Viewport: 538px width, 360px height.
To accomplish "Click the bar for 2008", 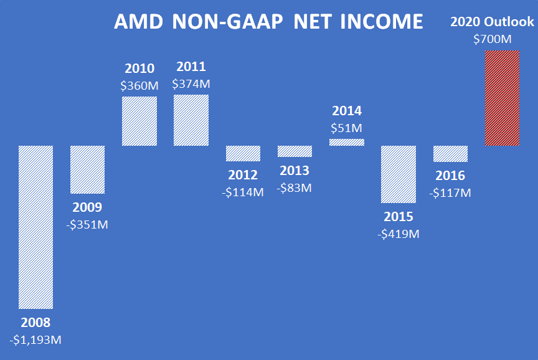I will tap(35, 227).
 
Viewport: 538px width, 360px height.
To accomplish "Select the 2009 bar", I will tap(87, 169).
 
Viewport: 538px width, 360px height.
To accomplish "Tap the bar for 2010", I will tap(139, 121).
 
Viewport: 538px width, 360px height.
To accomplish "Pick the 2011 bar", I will tap(191, 120).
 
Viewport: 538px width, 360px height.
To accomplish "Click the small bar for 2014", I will tap(346, 142).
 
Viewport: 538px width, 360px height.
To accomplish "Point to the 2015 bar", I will tap(398, 174).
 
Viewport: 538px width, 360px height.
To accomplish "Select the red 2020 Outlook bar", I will tap(502, 98).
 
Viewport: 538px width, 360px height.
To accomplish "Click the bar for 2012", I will tap(243, 153).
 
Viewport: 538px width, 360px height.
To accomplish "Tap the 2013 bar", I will tap(295, 151).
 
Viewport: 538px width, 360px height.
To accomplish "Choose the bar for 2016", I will tap(450, 154).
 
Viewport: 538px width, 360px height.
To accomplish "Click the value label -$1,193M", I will tap(35, 340).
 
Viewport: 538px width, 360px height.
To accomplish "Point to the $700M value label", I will tap(492, 39).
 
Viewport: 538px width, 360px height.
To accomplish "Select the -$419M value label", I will tap(399, 234).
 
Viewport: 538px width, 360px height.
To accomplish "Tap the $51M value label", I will tap(346, 128).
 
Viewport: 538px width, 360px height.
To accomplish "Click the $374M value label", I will tap(191, 83).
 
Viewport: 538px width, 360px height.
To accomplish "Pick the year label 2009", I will tap(87, 207).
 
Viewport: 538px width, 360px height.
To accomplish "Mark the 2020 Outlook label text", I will tap(492, 22).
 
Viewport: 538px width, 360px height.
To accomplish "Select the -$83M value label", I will tap(295, 187).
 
